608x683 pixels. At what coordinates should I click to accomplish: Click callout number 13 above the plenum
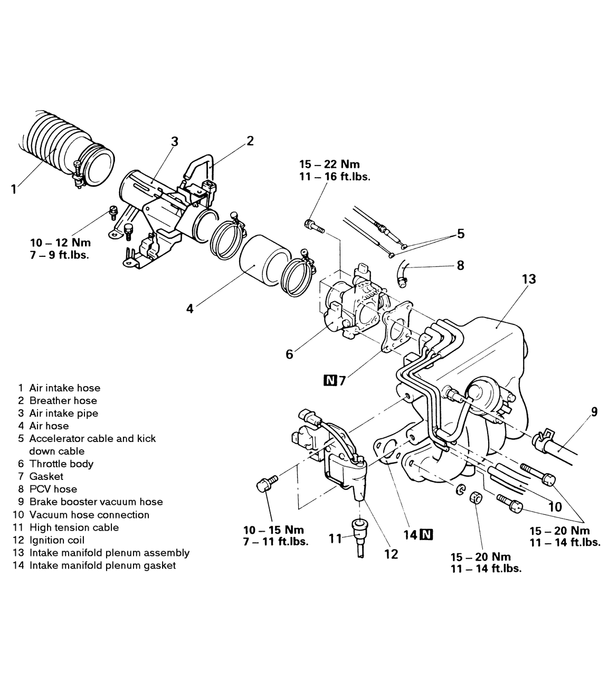[x=528, y=279]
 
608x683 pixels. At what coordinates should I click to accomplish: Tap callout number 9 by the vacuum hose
[x=594, y=411]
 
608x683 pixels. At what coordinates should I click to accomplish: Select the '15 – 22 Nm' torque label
[x=329, y=165]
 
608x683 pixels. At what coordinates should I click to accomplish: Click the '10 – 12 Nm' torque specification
[x=61, y=243]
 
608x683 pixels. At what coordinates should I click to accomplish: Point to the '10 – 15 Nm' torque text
[x=273, y=530]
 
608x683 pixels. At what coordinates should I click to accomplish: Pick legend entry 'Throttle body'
[x=61, y=464]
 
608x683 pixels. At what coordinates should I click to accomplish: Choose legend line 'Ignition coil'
[x=57, y=540]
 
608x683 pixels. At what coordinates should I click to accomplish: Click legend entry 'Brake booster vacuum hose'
[x=96, y=502]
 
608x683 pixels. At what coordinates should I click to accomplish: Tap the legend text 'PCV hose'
[x=53, y=489]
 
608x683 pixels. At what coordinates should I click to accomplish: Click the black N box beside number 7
[x=330, y=380]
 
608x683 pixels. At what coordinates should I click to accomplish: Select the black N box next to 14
[x=426, y=535]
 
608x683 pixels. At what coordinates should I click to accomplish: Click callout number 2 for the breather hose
[x=250, y=140]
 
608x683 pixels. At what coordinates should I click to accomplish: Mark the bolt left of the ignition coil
[x=267, y=483]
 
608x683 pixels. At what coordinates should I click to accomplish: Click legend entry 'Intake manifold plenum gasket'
[x=102, y=565]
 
